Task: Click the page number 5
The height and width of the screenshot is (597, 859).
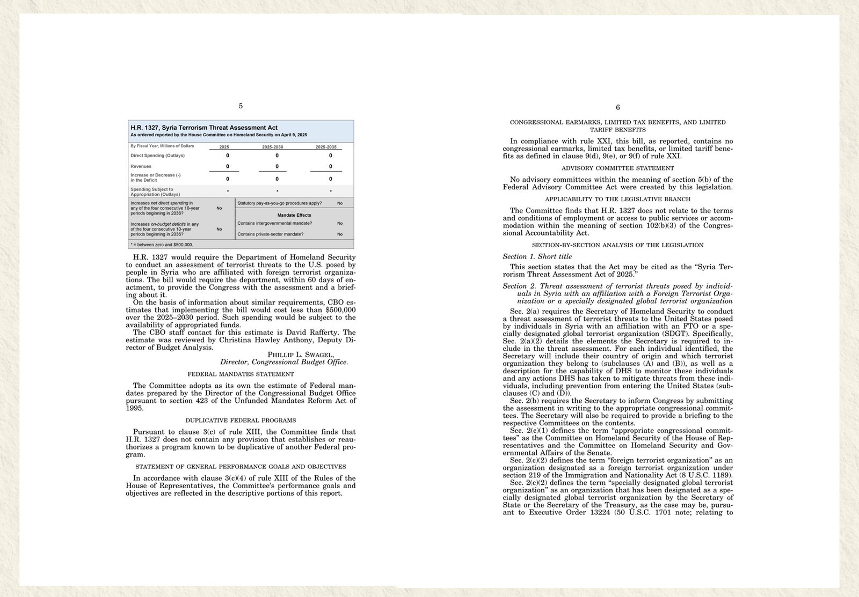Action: click(241, 106)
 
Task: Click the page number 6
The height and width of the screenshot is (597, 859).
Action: click(618, 107)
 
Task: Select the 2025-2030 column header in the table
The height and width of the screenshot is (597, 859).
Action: click(273, 147)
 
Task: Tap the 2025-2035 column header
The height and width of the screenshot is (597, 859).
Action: click(326, 147)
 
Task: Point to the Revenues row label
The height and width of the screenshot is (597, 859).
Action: click(141, 166)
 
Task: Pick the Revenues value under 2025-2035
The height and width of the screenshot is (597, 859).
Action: click(330, 166)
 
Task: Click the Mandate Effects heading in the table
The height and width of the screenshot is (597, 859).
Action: click(294, 215)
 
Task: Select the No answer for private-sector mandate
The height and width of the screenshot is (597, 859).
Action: click(340, 234)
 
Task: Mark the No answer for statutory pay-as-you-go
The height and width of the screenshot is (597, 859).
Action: click(340, 204)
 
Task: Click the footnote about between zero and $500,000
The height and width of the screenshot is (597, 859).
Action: click(162, 245)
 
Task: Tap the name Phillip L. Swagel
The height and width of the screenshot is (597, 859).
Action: click(301, 355)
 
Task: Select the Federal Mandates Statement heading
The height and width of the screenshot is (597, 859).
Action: click(241, 374)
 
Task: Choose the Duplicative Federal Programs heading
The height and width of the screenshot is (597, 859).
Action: click(241, 421)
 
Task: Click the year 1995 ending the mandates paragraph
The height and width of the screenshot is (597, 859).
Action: click(135, 408)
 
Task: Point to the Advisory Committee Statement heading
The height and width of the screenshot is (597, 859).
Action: click(617, 168)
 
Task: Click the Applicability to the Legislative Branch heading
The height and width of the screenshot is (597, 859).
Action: click(617, 199)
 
